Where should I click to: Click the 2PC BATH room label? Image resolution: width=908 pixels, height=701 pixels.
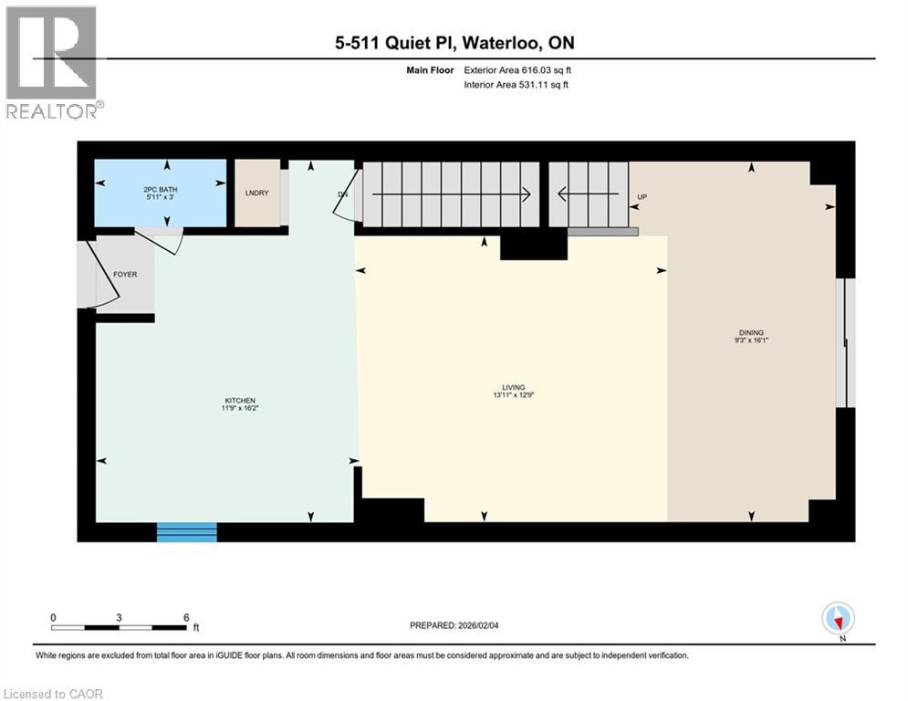pyautogui.click(x=161, y=190)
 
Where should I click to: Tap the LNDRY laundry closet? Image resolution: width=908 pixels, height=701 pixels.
pyautogui.click(x=257, y=193)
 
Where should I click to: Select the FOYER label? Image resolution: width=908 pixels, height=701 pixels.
pyautogui.click(x=125, y=275)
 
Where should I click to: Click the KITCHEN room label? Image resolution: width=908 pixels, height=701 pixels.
pyautogui.click(x=240, y=401)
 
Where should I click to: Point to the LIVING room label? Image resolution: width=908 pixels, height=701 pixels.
pyautogui.click(x=514, y=387)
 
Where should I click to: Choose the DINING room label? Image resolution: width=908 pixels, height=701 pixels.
pyautogui.click(x=751, y=332)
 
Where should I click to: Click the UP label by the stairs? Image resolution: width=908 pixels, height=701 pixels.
pyautogui.click(x=642, y=197)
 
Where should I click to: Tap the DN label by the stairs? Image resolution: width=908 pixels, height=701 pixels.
pyautogui.click(x=343, y=194)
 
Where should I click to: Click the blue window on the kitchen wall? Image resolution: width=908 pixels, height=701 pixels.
pyautogui.click(x=187, y=532)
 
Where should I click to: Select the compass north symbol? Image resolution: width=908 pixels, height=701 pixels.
pyautogui.click(x=838, y=619)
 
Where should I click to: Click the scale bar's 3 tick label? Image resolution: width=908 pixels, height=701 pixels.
pyautogui.click(x=119, y=618)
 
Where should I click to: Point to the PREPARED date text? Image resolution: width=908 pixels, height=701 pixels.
pyautogui.click(x=454, y=625)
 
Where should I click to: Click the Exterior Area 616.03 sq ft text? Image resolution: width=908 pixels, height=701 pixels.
pyautogui.click(x=517, y=70)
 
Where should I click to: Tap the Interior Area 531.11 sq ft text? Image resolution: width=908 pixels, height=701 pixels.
pyautogui.click(x=516, y=85)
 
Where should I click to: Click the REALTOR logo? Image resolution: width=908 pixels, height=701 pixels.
pyautogui.click(x=54, y=63)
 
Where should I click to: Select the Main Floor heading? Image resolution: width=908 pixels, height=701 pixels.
pyautogui.click(x=430, y=70)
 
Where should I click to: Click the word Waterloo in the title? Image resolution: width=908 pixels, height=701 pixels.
pyautogui.click(x=498, y=43)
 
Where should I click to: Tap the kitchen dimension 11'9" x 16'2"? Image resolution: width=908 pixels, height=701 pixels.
pyautogui.click(x=240, y=408)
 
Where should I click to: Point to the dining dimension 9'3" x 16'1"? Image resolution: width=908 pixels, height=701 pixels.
pyautogui.click(x=751, y=340)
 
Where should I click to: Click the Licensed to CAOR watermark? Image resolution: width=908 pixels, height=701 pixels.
pyautogui.click(x=53, y=694)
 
